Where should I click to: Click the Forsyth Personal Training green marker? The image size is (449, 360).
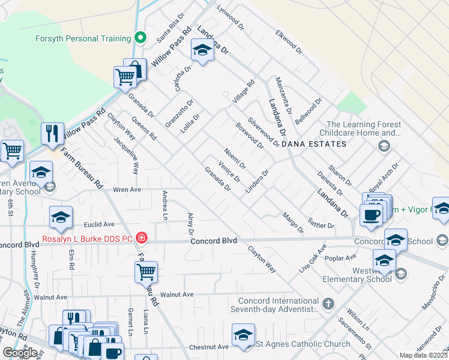tap(140, 38)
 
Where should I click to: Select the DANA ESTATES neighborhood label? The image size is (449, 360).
tap(314, 145)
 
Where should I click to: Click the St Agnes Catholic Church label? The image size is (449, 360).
tap(303, 344)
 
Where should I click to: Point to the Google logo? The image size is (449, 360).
tap(19, 353)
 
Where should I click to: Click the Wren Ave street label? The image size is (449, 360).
tap(126, 189)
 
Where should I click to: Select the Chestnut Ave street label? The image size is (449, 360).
tap(208, 347)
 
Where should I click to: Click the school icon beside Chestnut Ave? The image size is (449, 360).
tap(243, 335)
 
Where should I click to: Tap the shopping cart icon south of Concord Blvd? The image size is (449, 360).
tap(146, 271)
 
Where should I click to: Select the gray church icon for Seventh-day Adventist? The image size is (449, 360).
tap(328, 304)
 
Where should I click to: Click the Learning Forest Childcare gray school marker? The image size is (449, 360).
tap(384, 146)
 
